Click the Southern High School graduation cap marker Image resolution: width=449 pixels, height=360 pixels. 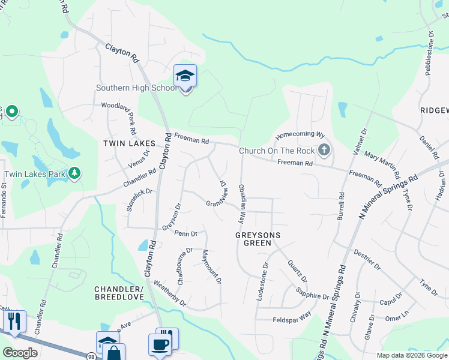coord(185,76)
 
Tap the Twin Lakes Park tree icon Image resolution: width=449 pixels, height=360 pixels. coord(74,174)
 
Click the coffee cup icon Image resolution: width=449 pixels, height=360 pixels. coord(160,345)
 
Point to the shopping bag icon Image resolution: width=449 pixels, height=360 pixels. coord(113,353)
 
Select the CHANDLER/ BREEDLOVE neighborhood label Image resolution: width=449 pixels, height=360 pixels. coord(119,293)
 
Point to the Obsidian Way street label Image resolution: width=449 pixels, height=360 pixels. coord(243,203)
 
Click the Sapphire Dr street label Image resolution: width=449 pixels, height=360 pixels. coord(313,293)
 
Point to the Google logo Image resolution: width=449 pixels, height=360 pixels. coord(20,353)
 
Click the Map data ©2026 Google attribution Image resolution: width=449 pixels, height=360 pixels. coord(411,355)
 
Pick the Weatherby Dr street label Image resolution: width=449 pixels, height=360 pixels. coord(170,293)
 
